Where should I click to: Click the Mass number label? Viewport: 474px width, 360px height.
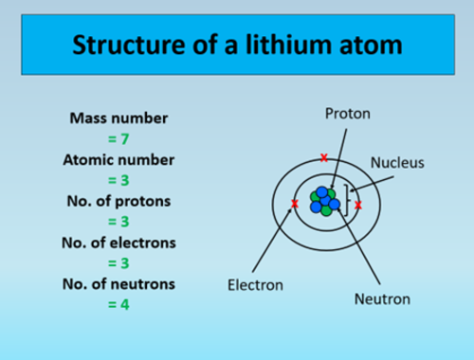pyautogui.click(x=118, y=119)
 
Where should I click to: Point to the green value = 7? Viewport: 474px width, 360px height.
pyautogui.click(x=118, y=139)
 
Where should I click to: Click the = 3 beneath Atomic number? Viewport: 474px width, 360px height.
pyautogui.click(x=118, y=180)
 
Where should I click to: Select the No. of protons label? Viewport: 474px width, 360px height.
pyautogui.click(x=118, y=201)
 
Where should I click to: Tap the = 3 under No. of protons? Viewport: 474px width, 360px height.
pyautogui.click(x=118, y=222)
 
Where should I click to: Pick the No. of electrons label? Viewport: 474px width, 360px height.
pyautogui.click(x=118, y=243)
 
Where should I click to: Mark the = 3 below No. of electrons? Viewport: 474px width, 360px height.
pyautogui.click(x=118, y=263)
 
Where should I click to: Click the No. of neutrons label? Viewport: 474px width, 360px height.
pyautogui.click(x=118, y=284)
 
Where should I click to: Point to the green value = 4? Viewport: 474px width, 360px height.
pyautogui.click(x=118, y=305)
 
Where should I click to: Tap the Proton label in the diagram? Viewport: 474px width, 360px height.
pyautogui.click(x=347, y=114)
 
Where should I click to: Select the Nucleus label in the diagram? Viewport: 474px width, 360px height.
pyautogui.click(x=396, y=162)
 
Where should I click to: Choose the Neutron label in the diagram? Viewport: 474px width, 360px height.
pyautogui.click(x=382, y=298)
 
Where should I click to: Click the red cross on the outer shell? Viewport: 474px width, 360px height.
pyautogui.click(x=325, y=157)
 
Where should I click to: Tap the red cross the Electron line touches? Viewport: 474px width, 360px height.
pyautogui.click(x=295, y=204)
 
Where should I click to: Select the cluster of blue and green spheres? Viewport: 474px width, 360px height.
pyautogui.click(x=325, y=201)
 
